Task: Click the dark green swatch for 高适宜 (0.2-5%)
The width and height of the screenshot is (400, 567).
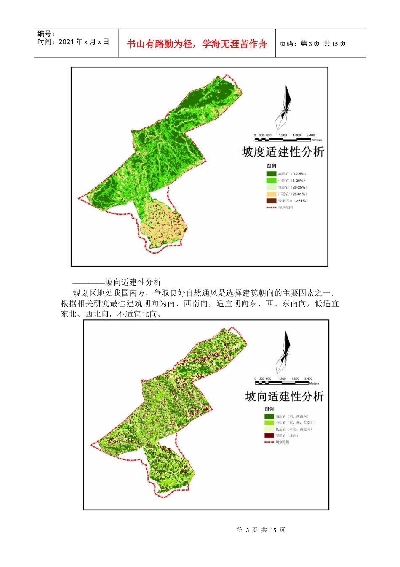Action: (271, 174)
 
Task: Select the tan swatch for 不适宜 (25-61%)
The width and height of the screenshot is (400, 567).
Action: (271, 194)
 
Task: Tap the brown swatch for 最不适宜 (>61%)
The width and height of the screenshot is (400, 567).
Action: (271, 201)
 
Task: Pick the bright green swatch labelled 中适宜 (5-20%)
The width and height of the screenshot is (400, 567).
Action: (271, 181)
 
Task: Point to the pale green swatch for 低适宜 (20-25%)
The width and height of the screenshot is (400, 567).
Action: (271, 187)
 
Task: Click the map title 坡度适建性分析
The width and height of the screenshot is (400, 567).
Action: (283, 152)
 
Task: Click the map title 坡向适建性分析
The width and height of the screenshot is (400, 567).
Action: (284, 397)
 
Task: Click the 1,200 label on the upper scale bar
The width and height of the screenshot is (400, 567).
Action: (283, 135)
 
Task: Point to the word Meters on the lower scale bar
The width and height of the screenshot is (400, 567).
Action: (314, 383)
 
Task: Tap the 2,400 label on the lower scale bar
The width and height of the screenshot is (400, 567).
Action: (308, 379)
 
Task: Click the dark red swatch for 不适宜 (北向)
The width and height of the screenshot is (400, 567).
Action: (269, 435)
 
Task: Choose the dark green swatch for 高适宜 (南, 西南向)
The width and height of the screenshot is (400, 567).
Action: (269, 416)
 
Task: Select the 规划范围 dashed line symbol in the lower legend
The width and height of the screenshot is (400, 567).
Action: (269, 442)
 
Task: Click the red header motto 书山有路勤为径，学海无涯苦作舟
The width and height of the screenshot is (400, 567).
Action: (197, 44)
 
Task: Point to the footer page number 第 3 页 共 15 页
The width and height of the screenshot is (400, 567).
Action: (261, 530)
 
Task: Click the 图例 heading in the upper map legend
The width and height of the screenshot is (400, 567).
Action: (271, 166)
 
